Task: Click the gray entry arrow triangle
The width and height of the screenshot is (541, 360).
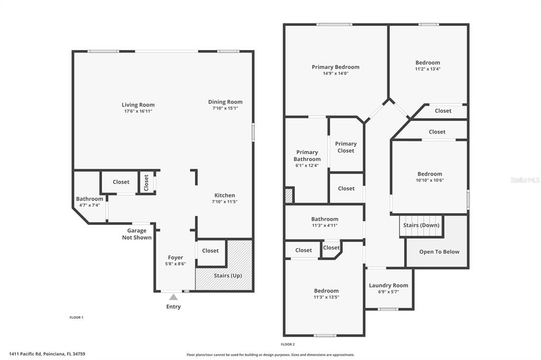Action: [x=173, y=297]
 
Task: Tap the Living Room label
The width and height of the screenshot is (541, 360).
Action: [x=138, y=105]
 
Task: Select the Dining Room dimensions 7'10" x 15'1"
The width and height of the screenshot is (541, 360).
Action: [x=225, y=108]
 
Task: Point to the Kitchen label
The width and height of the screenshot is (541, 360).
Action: [x=225, y=195]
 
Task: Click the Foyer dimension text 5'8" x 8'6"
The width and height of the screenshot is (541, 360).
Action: [x=175, y=264]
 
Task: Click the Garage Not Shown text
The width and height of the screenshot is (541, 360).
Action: [x=137, y=234]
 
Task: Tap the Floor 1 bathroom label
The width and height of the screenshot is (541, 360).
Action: [x=89, y=198]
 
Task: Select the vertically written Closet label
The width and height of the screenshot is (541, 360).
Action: [x=146, y=183]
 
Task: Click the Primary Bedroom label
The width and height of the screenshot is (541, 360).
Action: [x=335, y=67]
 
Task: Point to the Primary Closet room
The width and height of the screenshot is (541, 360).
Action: [x=346, y=145]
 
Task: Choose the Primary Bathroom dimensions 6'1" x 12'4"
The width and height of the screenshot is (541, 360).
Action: [x=307, y=166]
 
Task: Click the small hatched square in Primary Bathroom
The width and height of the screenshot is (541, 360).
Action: [x=289, y=195]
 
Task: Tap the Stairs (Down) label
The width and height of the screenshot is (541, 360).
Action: [x=421, y=225]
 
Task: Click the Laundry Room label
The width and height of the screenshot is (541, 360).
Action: [x=388, y=285]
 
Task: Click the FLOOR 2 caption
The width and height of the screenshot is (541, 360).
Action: [x=288, y=344]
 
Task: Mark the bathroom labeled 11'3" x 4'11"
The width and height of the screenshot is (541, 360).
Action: [x=324, y=222]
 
